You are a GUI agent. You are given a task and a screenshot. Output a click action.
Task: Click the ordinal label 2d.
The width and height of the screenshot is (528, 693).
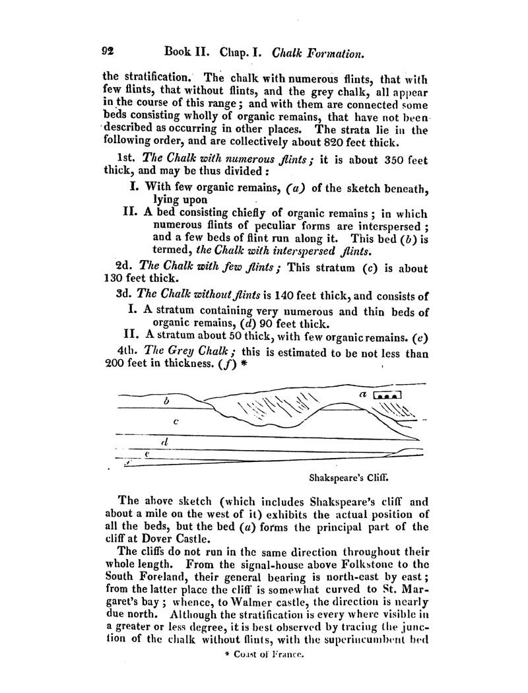tap(124, 269)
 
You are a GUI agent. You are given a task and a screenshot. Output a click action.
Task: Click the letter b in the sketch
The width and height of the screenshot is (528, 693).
tap(166, 400)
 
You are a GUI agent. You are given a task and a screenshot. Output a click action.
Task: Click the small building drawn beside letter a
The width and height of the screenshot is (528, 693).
tap(387, 395)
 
